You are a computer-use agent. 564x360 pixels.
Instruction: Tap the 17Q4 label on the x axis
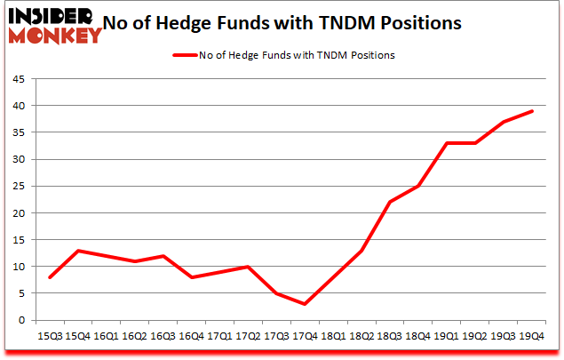pos(305,336)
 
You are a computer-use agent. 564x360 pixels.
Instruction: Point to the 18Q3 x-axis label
pos(389,336)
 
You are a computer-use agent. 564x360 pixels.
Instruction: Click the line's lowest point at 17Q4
pos(306,304)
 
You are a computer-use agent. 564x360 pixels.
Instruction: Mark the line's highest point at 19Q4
pos(531,111)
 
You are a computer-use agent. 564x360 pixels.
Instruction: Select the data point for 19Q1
pos(447,143)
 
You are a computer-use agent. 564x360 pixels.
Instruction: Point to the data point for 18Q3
pos(390,202)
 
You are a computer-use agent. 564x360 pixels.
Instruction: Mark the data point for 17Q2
pos(249,267)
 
